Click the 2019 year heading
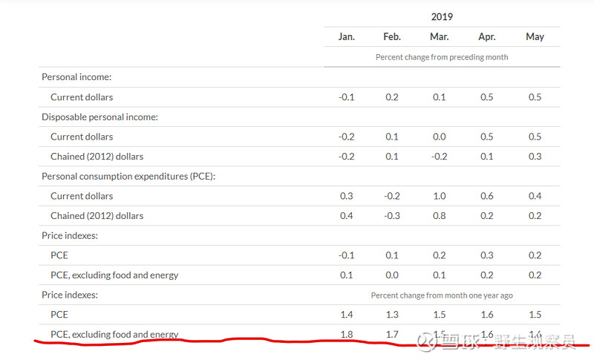pos(441,16)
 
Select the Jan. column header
pos(347,37)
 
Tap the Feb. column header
pos(392,37)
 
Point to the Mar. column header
pos(439,37)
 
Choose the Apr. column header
pos(486,37)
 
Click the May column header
pos(535,37)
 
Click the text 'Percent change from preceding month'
pos(442,57)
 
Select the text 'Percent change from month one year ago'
pos(442,295)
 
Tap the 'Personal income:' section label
pos(76,77)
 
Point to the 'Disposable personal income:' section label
pos(99,117)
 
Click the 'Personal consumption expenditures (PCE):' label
pos(128,177)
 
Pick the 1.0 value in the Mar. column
pos(439,196)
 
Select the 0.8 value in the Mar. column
pos(439,216)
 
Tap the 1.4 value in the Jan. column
pos(347,315)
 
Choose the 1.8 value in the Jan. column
pos(347,335)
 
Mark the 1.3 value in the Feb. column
pos(392,315)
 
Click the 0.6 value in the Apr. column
pos(486,196)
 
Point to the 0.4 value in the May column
pos(535,196)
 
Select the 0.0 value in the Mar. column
pos(439,137)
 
